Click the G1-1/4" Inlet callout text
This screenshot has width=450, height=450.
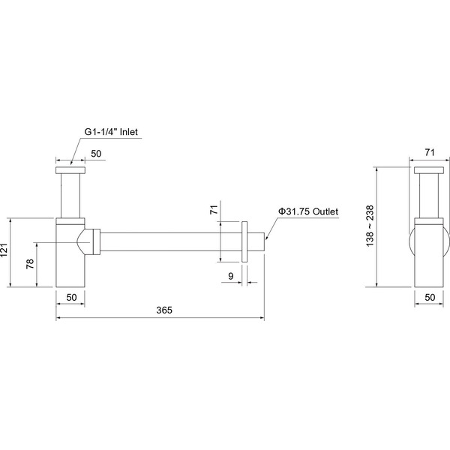[x=111, y=132]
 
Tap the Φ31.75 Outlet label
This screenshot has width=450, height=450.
[x=308, y=211]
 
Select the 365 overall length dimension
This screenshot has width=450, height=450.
[x=164, y=310]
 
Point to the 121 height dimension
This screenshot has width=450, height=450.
[x=4, y=250]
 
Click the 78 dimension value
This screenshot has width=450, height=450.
[x=30, y=264]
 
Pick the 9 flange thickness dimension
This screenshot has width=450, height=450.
[x=231, y=276]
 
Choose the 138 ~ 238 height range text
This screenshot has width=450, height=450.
[x=370, y=226]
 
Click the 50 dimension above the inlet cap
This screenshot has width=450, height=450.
[x=96, y=154]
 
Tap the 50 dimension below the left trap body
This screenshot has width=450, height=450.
[x=71, y=297]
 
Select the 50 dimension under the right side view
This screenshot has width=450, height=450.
[x=430, y=297]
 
